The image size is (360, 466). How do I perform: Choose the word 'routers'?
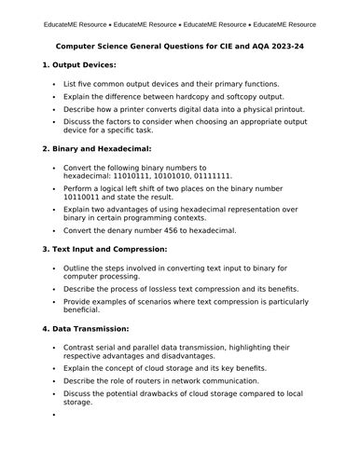point(154,380)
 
